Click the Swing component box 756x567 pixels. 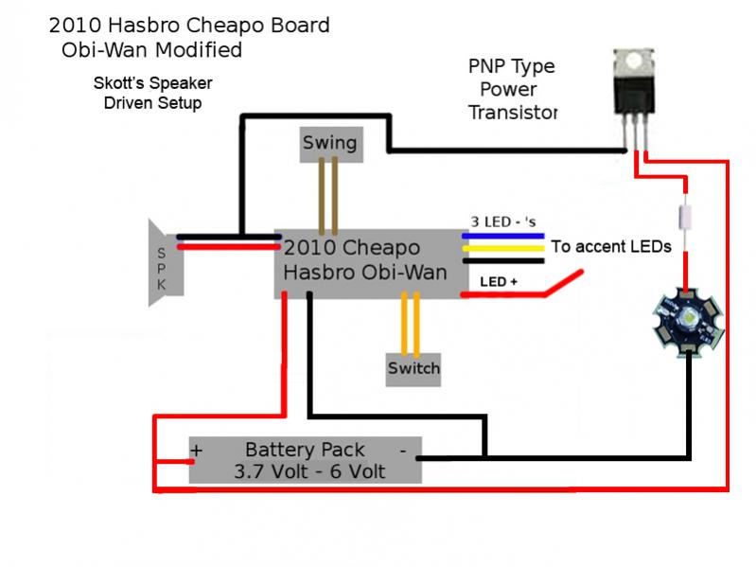coord(330,142)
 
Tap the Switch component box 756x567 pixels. coord(413,367)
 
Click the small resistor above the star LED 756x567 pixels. coord(686,213)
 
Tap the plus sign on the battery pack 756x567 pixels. coord(198,451)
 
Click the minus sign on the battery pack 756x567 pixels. coord(402,449)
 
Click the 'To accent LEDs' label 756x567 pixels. coord(611,246)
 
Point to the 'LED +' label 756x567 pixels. coord(498,281)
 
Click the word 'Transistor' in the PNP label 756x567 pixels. coord(512,113)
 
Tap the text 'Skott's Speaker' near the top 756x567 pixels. coord(151,82)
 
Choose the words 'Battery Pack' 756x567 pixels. coord(305,449)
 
